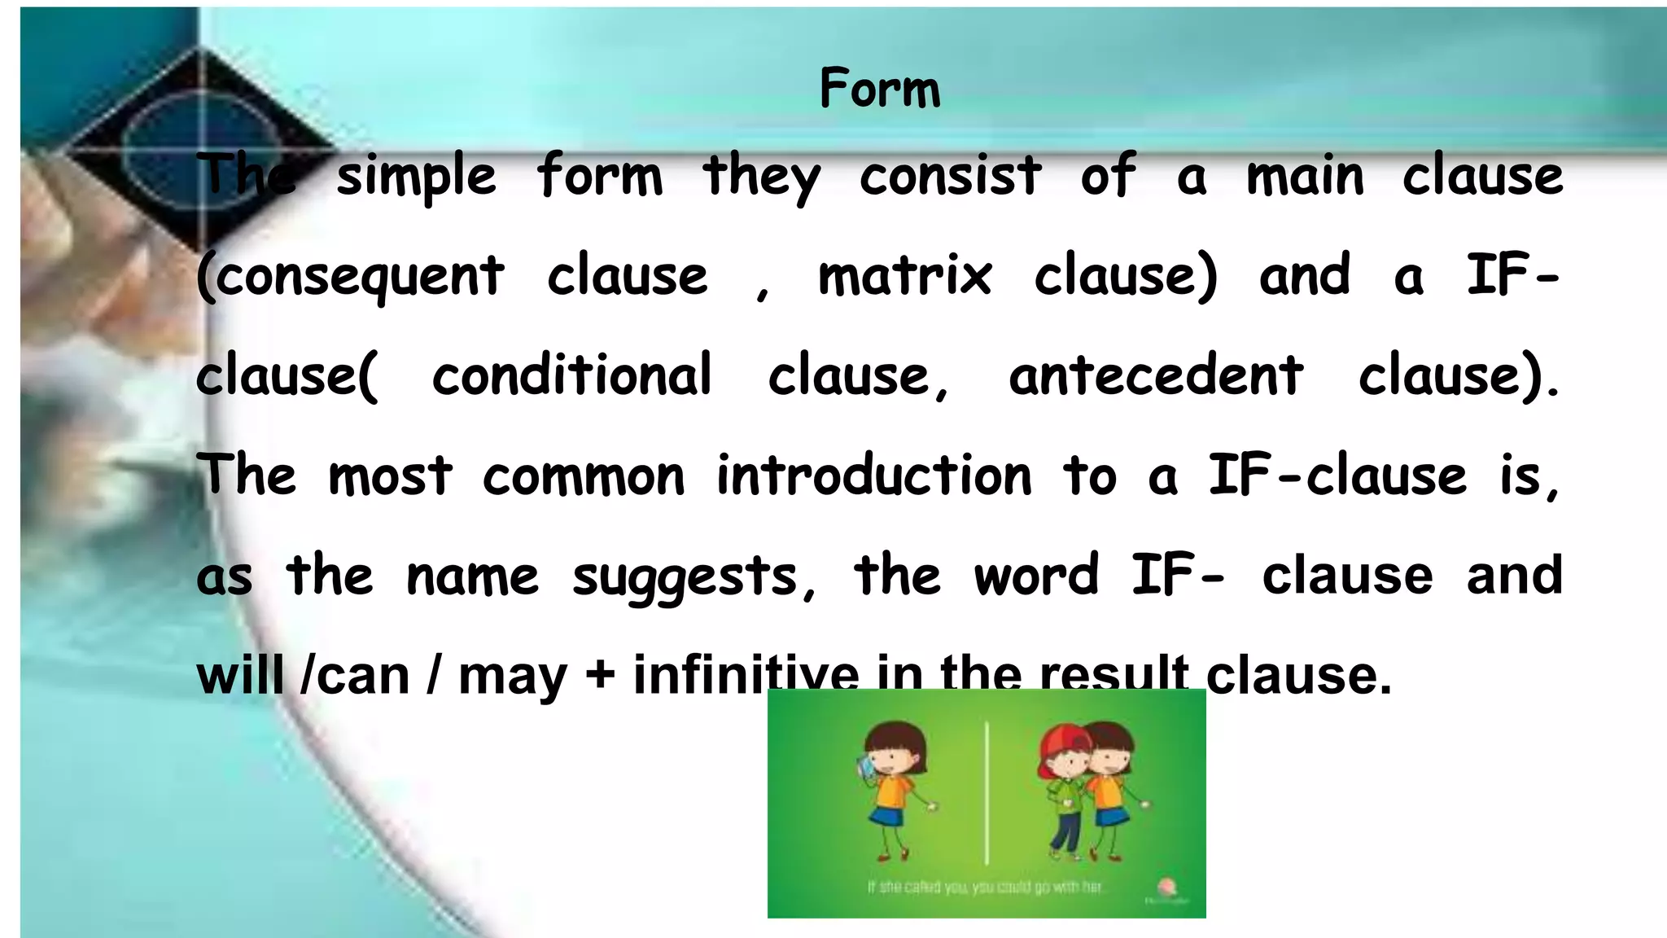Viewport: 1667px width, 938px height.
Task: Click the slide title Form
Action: click(879, 89)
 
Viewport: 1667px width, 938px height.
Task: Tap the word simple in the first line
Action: click(416, 177)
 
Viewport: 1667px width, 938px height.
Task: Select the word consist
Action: click(950, 177)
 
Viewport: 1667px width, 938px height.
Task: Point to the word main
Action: click(1305, 177)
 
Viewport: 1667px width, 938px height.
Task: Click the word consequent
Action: click(350, 277)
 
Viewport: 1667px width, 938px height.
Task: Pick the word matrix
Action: click(904, 276)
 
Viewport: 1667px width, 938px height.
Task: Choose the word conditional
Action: click(571, 375)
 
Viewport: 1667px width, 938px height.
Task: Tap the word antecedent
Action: click(1156, 375)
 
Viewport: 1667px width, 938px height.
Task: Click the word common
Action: click(584, 476)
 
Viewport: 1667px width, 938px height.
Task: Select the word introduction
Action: click(873, 476)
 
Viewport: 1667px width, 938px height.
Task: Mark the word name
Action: click(472, 576)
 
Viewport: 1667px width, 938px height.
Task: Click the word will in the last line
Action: click(240, 675)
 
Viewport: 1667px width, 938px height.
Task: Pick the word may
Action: click(512, 677)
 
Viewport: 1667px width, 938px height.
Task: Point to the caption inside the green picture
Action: click(985, 886)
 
